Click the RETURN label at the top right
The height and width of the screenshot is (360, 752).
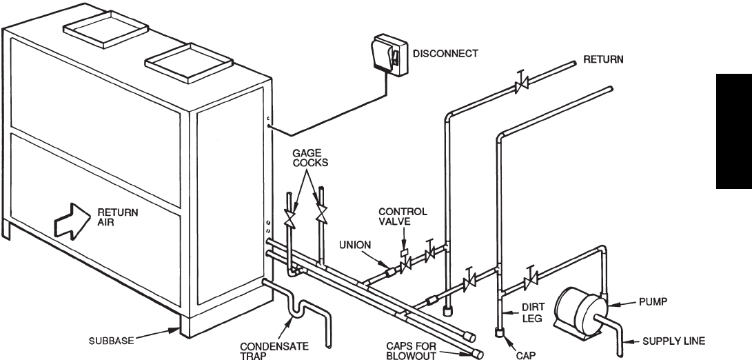(603, 59)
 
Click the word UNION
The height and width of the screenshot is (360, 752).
(356, 244)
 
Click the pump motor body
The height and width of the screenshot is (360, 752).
(577, 308)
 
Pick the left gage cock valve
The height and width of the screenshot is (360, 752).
(292, 220)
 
